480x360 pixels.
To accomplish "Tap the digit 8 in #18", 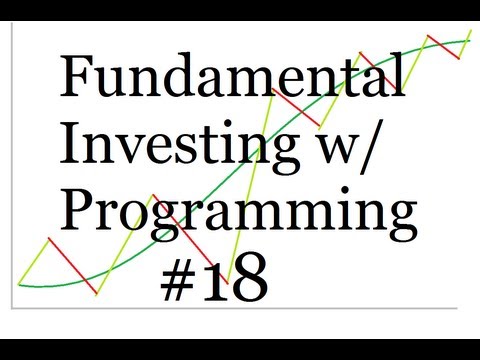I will pyautogui.click(x=249, y=277).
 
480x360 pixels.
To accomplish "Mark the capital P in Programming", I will pyautogui.click(x=78, y=213).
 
